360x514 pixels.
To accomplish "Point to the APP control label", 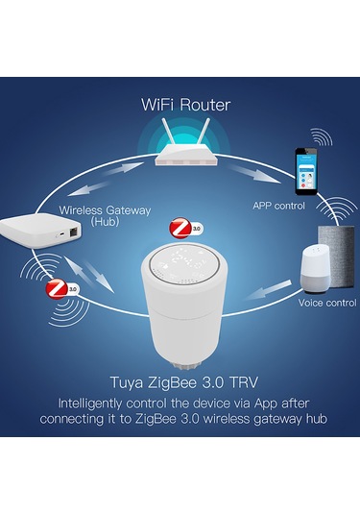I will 278,205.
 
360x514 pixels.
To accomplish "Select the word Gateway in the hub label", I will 110,209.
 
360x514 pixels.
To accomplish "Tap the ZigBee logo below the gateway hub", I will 60,287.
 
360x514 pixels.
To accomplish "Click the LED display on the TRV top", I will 181,259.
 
